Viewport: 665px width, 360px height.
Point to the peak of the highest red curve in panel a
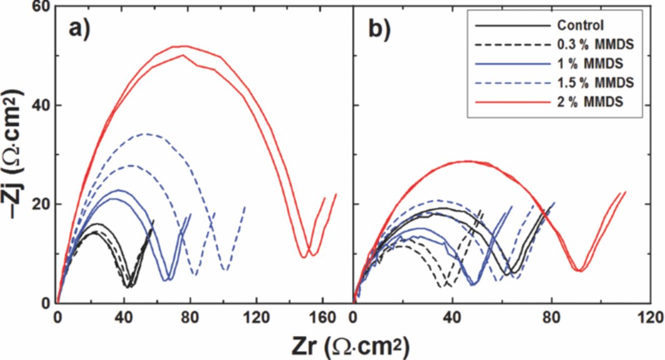[x=182, y=46]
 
